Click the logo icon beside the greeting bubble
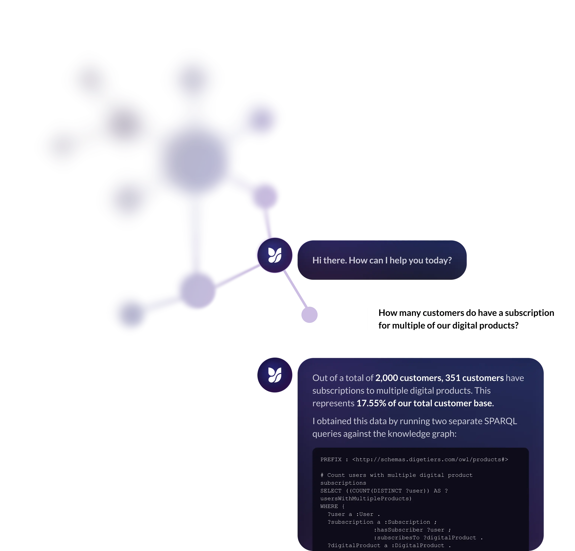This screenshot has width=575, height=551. tap(275, 255)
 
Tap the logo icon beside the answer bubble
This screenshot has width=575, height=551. tap(275, 375)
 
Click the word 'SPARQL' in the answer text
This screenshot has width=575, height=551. tap(500, 421)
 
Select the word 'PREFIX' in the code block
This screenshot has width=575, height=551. tap(331, 459)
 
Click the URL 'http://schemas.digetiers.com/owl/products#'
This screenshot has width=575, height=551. tap(430, 459)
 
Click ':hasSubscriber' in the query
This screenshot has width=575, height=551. tap(398, 530)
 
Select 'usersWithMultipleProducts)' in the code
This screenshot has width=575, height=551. tap(366, 499)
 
